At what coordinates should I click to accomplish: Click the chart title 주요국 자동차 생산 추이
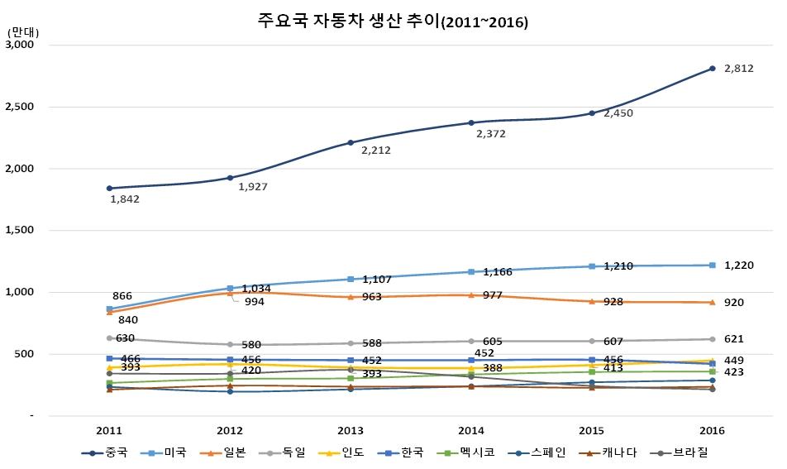pos(393,22)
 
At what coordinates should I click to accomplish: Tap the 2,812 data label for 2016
pos(738,69)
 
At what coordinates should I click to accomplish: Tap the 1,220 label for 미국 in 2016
pos(738,265)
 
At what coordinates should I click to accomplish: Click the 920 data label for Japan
pos(733,303)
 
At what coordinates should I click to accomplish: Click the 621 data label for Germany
pos(733,339)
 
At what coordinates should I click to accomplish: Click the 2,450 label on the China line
pos(618,113)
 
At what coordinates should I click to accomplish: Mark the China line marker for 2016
pos(712,69)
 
